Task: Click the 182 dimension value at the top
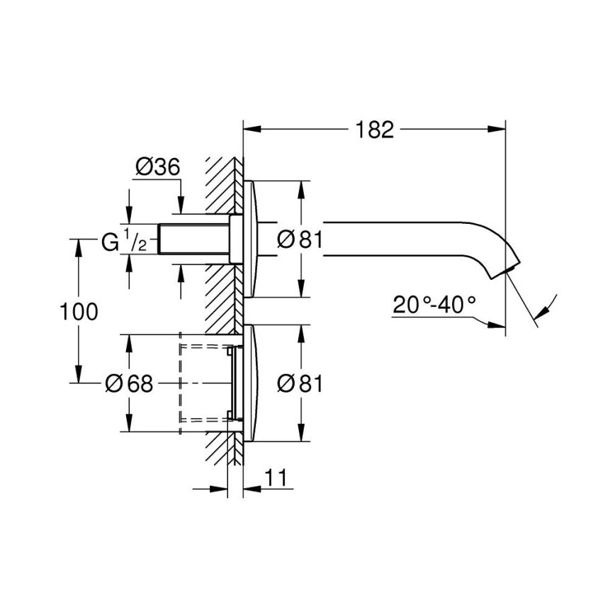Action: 374,130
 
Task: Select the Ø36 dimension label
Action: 157,167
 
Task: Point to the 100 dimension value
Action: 79,311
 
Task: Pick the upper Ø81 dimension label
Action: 300,240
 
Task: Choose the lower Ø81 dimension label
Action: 300,383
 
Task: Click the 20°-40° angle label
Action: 434,306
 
